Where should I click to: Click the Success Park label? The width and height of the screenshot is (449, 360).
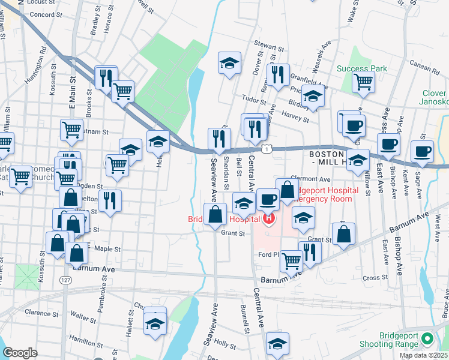click(x=361, y=68)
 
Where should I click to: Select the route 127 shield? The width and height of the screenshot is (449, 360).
click(x=65, y=280)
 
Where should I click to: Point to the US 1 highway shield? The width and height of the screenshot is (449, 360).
click(x=264, y=148)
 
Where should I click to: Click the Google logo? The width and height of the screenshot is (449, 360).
click(x=19, y=353)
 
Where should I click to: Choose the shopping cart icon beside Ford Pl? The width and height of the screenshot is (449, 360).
click(x=291, y=260)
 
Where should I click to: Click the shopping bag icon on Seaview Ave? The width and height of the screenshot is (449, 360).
click(x=215, y=214)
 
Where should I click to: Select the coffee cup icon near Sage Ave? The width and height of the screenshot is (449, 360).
click(x=422, y=152)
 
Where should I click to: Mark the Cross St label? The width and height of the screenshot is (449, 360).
click(x=372, y=278)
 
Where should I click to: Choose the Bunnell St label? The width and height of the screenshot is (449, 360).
click(x=245, y=319)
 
